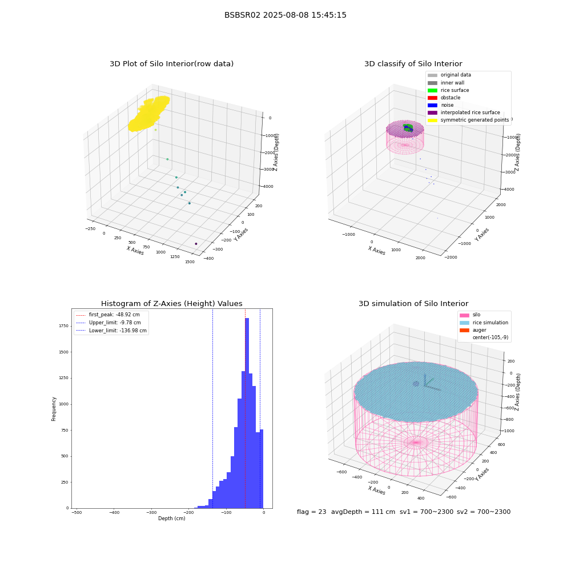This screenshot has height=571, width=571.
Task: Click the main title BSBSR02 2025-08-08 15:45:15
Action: click(285, 15)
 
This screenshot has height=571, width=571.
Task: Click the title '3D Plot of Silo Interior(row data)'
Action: click(171, 64)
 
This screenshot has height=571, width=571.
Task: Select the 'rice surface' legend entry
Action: click(448, 90)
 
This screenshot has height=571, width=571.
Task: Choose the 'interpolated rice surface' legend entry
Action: click(464, 112)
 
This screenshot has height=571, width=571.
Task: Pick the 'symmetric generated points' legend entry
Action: click(468, 120)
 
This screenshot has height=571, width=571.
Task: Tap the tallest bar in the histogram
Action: click(247, 413)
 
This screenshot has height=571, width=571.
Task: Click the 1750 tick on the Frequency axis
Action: click(64, 326)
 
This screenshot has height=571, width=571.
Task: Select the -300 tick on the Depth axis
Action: click(151, 512)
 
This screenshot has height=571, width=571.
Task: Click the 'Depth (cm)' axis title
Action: click(171, 518)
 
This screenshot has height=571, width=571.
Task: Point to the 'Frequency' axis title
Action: click(54, 409)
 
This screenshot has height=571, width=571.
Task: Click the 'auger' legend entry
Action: click(473, 330)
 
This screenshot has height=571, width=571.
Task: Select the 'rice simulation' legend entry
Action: click(484, 323)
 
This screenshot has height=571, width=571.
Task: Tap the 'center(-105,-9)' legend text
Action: click(490, 337)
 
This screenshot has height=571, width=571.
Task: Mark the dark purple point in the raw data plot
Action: click(196, 244)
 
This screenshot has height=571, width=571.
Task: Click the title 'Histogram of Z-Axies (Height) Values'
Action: click(171, 303)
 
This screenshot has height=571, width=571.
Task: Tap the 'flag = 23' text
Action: click(311, 512)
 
